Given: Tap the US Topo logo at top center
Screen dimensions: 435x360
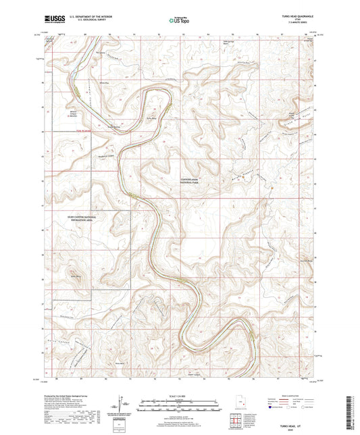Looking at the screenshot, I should pyautogui.click(x=180, y=20).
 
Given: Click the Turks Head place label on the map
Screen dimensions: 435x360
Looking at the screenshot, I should pyautogui.click(x=153, y=116).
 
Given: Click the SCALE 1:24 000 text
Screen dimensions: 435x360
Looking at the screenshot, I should pyautogui.click(x=180, y=395).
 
